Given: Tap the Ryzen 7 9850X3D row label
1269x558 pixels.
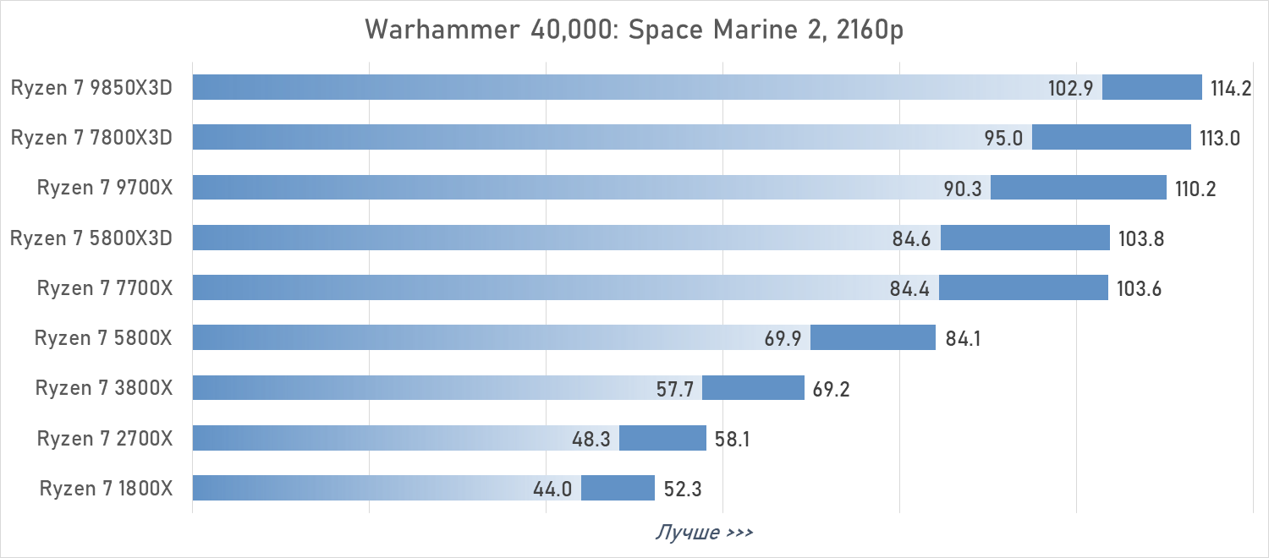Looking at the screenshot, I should tap(91, 88).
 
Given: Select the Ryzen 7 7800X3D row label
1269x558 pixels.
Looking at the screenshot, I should tap(91, 138).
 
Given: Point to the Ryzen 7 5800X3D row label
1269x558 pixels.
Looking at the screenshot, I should tap(91, 238).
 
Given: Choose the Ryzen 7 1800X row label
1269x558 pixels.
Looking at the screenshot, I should tap(106, 489).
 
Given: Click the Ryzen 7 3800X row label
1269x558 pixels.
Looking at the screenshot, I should tap(104, 388).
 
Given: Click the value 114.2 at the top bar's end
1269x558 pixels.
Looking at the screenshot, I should tap(1231, 89).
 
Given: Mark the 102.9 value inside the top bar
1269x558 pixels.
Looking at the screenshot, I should tap(1072, 89).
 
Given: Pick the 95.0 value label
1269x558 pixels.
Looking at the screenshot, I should tap(1004, 139).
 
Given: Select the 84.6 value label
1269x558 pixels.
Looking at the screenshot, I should tap(911, 239).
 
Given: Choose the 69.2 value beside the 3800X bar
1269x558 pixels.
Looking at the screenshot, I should tap(831, 390).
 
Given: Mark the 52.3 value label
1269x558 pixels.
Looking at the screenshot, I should tap(682, 490).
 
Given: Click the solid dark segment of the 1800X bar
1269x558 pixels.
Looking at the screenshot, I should tap(618, 488).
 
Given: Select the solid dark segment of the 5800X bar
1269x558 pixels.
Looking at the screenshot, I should tap(872, 337).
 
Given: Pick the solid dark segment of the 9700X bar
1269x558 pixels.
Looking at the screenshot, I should tap(1078, 188).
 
